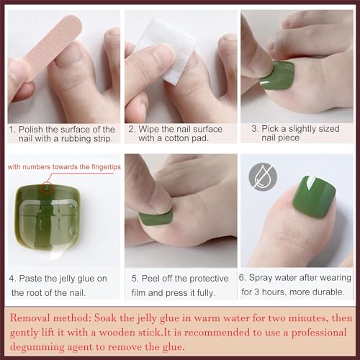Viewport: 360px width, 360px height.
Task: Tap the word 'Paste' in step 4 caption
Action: click(x=37, y=278)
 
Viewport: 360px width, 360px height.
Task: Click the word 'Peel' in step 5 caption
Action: click(x=153, y=278)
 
